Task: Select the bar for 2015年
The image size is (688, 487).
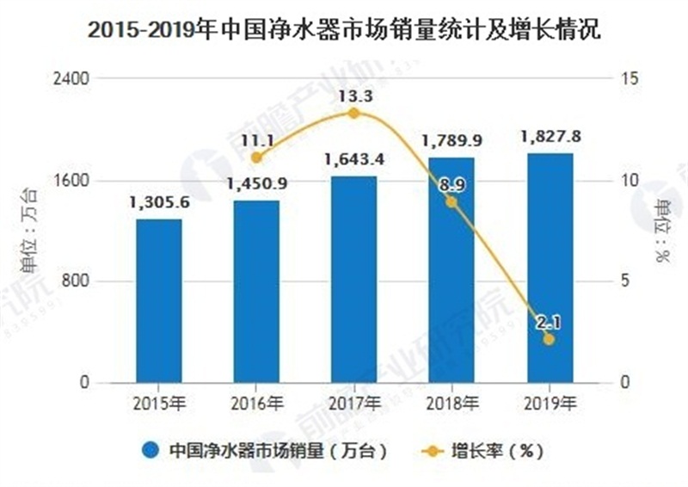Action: [159, 300]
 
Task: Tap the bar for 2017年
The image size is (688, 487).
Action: [354, 279]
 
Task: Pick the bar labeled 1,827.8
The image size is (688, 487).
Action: [550, 268]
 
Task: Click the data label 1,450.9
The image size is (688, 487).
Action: [257, 183]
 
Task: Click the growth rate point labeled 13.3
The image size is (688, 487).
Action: [354, 113]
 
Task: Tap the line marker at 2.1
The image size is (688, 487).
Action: [550, 340]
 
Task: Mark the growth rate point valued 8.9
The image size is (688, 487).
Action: [451, 202]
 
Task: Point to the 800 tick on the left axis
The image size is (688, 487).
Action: [79, 281]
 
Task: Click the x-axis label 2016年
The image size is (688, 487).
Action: [256, 402]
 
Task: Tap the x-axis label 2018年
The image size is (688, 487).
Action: [451, 402]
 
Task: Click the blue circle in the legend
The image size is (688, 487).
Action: [151, 449]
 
